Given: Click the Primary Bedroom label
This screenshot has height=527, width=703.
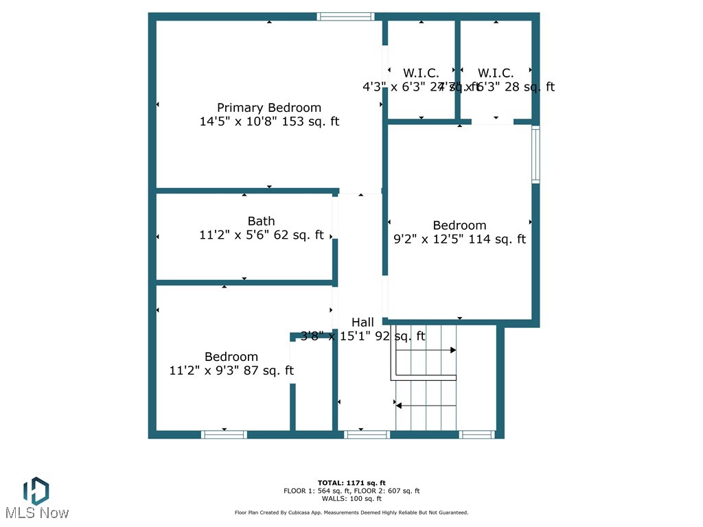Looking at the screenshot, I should pyautogui.click(x=269, y=108).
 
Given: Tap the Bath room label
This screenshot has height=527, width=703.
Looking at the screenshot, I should pyautogui.click(x=261, y=221).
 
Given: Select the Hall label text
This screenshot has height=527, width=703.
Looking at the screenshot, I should pyautogui.click(x=362, y=322).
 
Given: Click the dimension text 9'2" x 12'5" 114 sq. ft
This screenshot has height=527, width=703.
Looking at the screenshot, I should pyautogui.click(x=459, y=239).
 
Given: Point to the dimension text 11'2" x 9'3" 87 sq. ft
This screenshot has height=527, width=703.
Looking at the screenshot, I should pyautogui.click(x=231, y=371).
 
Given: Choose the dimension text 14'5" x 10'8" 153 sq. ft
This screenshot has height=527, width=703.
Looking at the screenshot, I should pyautogui.click(x=269, y=122).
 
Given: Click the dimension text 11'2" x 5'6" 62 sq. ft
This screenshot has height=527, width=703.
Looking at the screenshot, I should pyautogui.click(x=262, y=235).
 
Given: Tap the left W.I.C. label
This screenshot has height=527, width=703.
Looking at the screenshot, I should pyautogui.click(x=420, y=73).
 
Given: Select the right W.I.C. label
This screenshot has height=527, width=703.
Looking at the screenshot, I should pyautogui.click(x=496, y=73).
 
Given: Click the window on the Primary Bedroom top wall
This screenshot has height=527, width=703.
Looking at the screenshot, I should pyautogui.click(x=345, y=16).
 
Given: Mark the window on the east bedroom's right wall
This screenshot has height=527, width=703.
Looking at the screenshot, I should pyautogui.click(x=535, y=154).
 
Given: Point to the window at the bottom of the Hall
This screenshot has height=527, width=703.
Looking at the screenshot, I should pyautogui.click(x=367, y=434).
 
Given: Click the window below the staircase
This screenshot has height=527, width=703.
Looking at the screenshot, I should pyautogui.click(x=476, y=434).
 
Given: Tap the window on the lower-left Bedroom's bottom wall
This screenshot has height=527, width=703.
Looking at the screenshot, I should pyautogui.click(x=224, y=434).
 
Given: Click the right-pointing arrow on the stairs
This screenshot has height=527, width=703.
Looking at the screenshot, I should pyautogui.click(x=452, y=350).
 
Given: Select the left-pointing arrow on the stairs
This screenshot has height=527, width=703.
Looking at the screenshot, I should pyautogui.click(x=399, y=406).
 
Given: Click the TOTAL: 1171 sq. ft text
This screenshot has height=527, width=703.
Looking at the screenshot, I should pyautogui.click(x=351, y=482).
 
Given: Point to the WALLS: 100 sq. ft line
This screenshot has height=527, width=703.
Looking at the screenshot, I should pyautogui.click(x=351, y=499).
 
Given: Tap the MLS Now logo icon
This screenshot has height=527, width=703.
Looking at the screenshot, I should pyautogui.click(x=36, y=491).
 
